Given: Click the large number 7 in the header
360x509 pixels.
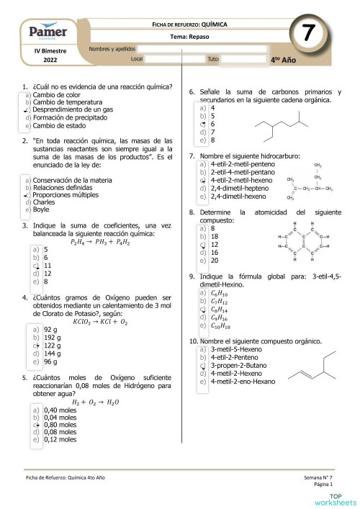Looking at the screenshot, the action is click(307, 33).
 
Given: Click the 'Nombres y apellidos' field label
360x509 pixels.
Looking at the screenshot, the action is click(112, 48).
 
